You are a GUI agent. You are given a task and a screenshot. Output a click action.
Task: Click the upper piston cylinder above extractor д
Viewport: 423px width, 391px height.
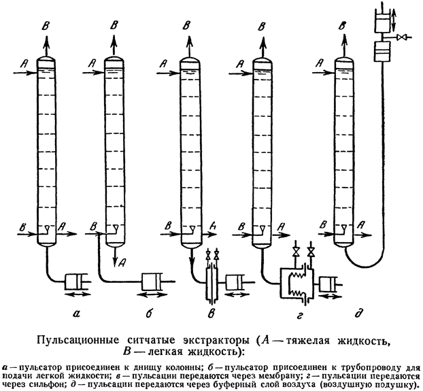[383, 21]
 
